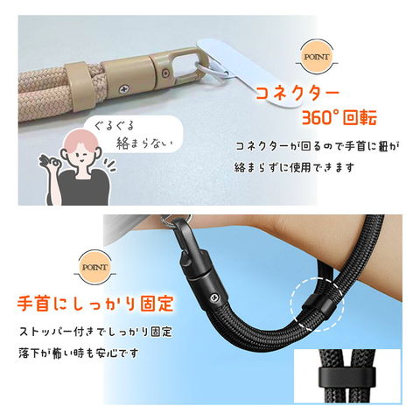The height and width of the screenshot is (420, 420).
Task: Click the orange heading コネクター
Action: (297, 94)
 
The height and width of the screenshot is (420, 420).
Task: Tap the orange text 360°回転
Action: (339, 117)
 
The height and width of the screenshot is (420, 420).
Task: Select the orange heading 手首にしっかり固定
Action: (95, 304)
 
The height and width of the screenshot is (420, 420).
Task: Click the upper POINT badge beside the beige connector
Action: (317, 57)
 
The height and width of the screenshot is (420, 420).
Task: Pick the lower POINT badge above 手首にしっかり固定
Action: (95, 267)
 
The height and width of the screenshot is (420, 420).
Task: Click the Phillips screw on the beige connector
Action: (125, 87)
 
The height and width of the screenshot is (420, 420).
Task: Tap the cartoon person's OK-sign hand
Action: (50, 165)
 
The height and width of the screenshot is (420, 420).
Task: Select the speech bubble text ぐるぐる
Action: (114, 126)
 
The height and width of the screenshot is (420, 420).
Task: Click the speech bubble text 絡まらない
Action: (144, 143)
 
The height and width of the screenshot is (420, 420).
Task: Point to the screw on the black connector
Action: (213, 297)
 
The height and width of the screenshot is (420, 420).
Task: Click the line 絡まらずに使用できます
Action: (295, 168)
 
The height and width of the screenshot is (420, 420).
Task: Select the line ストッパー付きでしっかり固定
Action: (95, 332)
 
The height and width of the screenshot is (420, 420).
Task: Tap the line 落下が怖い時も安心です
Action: (78, 353)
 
